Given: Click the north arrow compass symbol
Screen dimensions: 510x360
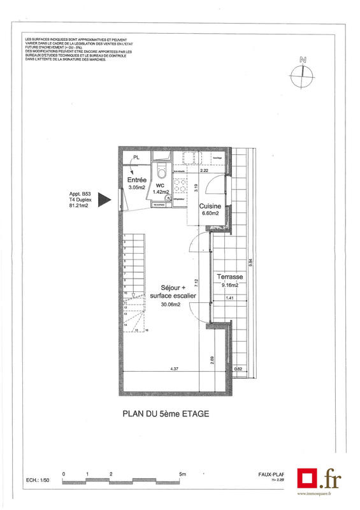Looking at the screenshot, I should pyautogui.click(x=302, y=75).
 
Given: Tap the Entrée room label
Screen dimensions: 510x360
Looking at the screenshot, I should pyautogui.click(x=137, y=180).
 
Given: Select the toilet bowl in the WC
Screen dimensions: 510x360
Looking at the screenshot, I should pyautogui.click(x=162, y=170).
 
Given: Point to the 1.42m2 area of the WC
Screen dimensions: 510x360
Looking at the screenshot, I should pyautogui.click(x=162, y=191).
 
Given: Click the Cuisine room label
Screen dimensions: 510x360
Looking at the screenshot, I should pyautogui.click(x=210, y=207).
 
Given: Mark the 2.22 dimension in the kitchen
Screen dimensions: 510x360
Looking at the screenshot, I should pyautogui.click(x=205, y=171).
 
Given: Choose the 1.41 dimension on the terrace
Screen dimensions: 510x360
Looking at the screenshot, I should pyautogui.click(x=229, y=298).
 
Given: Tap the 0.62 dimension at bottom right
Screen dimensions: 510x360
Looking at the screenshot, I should pyautogui.click(x=238, y=369).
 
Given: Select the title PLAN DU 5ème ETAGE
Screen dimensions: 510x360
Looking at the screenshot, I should pyautogui.click(x=165, y=413).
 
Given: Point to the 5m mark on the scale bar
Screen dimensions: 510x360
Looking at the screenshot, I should pyautogui.click(x=182, y=474).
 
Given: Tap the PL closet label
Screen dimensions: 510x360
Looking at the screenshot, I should pyautogui.click(x=136, y=158).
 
